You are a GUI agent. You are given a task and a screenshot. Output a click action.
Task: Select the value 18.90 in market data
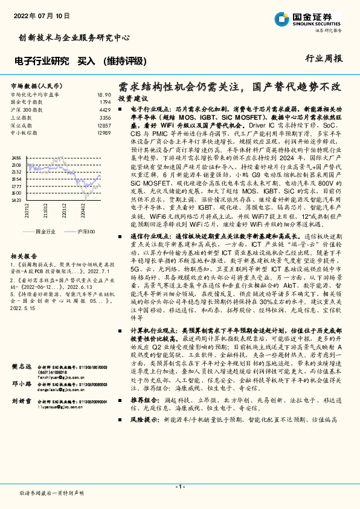click(103, 95)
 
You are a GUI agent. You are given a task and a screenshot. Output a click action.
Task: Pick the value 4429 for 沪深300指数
click(104, 110)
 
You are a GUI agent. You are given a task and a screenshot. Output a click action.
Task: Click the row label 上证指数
click(23, 117)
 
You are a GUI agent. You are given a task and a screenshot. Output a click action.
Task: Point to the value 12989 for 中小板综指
click(103, 132)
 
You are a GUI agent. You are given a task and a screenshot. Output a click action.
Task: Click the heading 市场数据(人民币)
click(34, 86)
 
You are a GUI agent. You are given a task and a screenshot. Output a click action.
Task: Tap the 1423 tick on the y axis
click(16, 216)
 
